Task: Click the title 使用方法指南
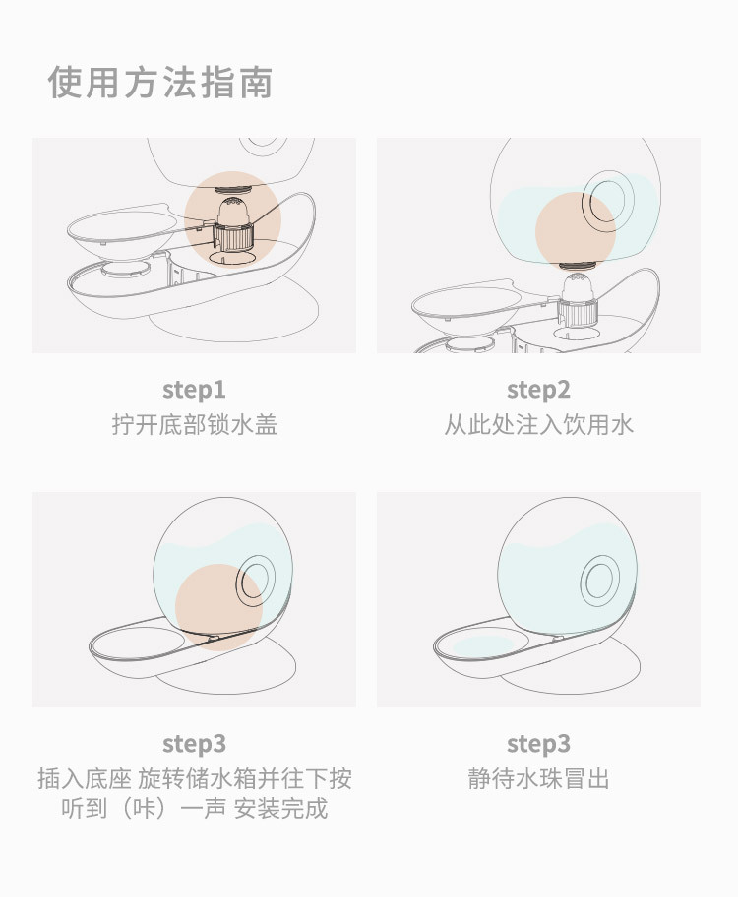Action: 160,83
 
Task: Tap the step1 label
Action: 194,390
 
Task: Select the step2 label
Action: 538,390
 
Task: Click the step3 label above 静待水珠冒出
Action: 538,744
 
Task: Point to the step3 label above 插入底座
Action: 194,744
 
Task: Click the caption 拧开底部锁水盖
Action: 194,425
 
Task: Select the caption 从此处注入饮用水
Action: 538,425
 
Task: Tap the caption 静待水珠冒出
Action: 538,779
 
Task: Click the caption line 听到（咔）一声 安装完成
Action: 194,809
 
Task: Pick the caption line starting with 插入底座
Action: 194,779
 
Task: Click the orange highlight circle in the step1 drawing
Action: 232,218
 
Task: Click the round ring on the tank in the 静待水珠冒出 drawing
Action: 599,579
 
